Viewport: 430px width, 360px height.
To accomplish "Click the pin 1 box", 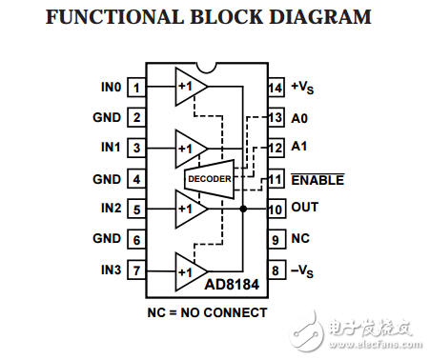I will [x=136, y=88].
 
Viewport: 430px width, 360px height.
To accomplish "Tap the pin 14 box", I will [x=276, y=88].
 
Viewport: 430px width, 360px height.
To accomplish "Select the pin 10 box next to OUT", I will [x=276, y=209].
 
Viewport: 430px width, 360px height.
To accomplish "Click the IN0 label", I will [x=111, y=88].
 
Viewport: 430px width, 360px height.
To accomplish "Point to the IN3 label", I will [x=111, y=270].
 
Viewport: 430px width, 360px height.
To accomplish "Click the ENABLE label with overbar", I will [x=317, y=179].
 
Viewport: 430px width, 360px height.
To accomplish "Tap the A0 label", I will [x=298, y=118].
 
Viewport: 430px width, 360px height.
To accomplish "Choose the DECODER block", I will [x=209, y=178].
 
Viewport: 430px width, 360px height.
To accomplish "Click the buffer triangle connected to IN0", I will [x=190, y=88].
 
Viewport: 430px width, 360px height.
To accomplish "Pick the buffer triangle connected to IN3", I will [x=190, y=270].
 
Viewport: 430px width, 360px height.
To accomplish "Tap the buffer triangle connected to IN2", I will [x=190, y=209].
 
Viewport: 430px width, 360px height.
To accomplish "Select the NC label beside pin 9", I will [x=300, y=240].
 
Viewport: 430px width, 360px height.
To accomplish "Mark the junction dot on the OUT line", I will [x=244, y=209].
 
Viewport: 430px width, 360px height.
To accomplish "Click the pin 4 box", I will [x=136, y=179].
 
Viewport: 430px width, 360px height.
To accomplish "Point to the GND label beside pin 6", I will [x=107, y=240].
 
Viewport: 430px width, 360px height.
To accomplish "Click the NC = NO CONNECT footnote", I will [x=206, y=312].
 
